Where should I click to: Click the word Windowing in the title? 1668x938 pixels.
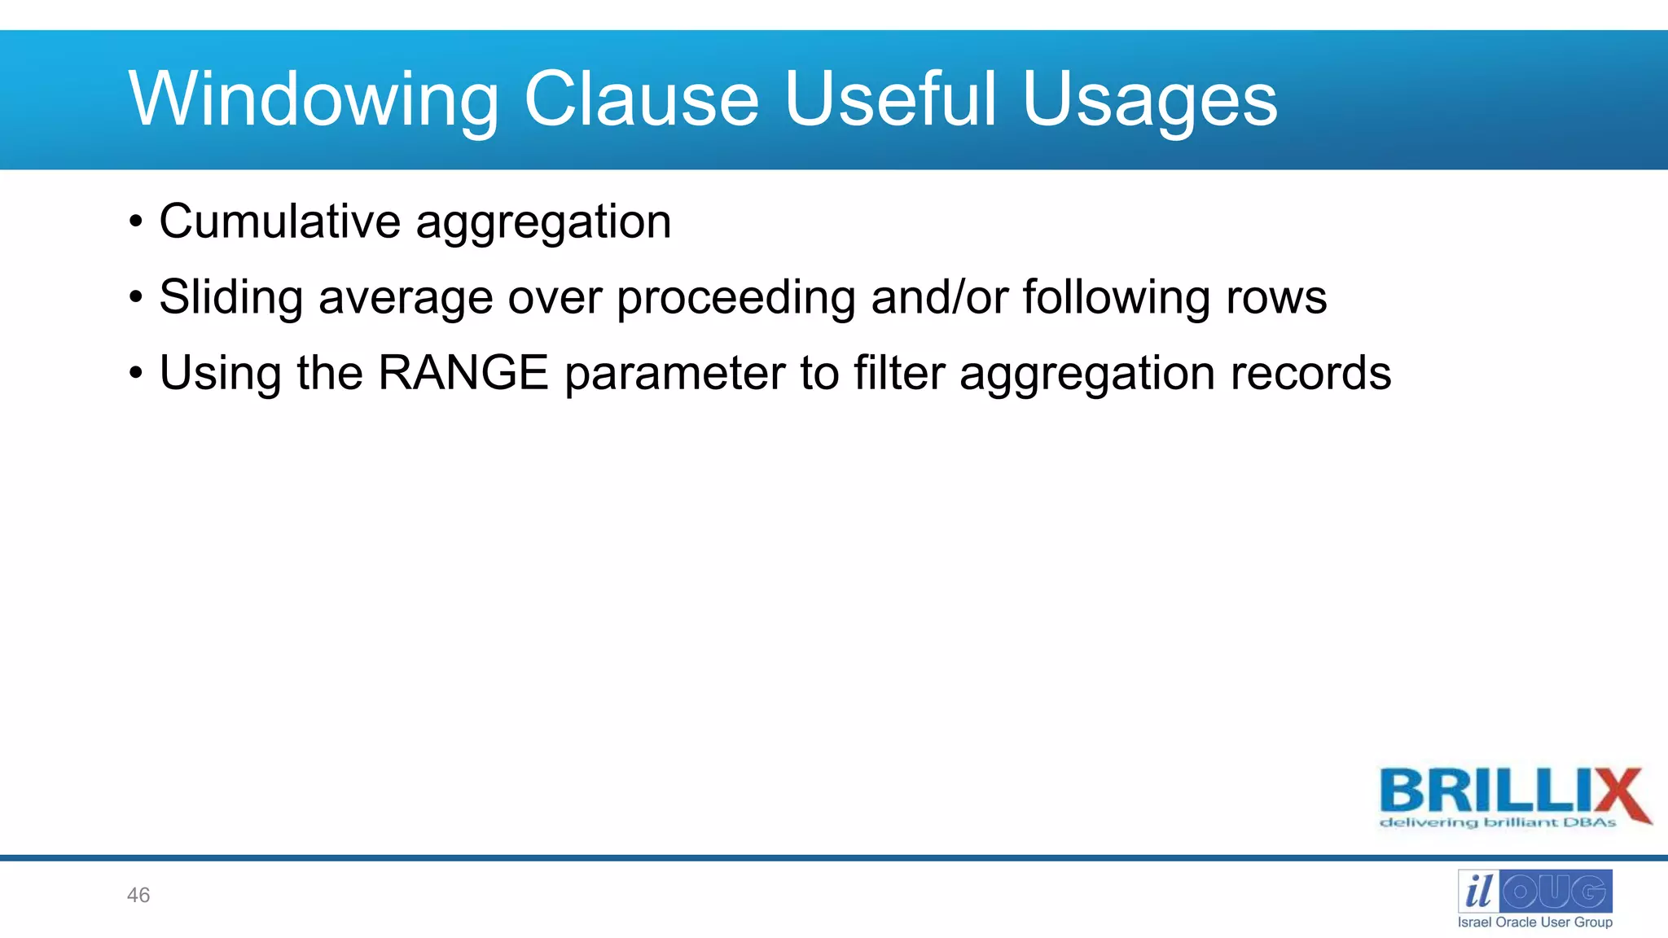click(314, 99)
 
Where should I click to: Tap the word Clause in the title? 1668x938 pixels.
click(641, 99)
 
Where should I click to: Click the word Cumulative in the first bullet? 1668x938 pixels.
click(279, 221)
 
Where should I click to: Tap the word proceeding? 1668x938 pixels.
click(735, 298)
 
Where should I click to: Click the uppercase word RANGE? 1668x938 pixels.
click(463, 373)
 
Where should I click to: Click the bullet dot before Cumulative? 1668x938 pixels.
click(136, 222)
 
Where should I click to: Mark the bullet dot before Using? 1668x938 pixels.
click(136, 374)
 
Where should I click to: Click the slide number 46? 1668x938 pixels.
click(138, 896)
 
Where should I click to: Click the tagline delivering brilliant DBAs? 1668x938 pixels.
click(1497, 823)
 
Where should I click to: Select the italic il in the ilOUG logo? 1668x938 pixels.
click(1478, 892)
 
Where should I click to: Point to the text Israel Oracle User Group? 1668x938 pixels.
click(1534, 923)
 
